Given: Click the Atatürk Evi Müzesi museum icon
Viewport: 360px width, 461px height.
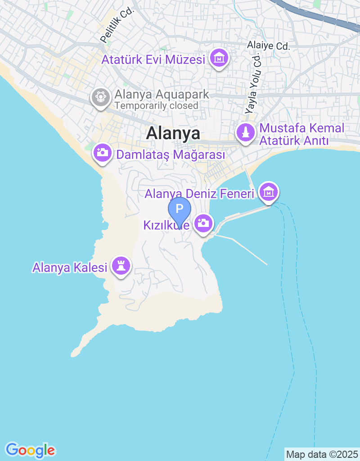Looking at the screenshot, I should click(x=219, y=58).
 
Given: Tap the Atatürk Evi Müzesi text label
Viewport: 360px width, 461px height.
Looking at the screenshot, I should click(x=153, y=59).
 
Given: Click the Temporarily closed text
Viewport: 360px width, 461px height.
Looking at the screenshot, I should click(x=156, y=106).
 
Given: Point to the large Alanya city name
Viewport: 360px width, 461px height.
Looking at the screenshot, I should click(x=173, y=133).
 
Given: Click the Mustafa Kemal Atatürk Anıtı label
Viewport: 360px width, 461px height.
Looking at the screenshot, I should click(x=301, y=134).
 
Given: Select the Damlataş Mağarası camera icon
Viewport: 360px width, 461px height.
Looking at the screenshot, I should click(x=103, y=152).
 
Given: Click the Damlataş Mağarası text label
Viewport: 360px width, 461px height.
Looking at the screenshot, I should click(x=170, y=155).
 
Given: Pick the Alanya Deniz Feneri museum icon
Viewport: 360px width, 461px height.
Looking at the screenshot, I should click(x=269, y=192).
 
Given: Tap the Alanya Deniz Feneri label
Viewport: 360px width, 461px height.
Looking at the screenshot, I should click(x=199, y=194).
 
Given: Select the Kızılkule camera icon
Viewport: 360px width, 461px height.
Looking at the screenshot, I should click(x=203, y=223).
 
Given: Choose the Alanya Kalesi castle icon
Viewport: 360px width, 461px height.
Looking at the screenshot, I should click(x=121, y=266).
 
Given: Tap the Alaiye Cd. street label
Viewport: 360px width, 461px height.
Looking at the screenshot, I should click(x=268, y=45).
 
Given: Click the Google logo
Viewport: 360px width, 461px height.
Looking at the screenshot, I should click(x=30, y=449).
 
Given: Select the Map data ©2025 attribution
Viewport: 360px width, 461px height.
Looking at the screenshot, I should click(x=322, y=454).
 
